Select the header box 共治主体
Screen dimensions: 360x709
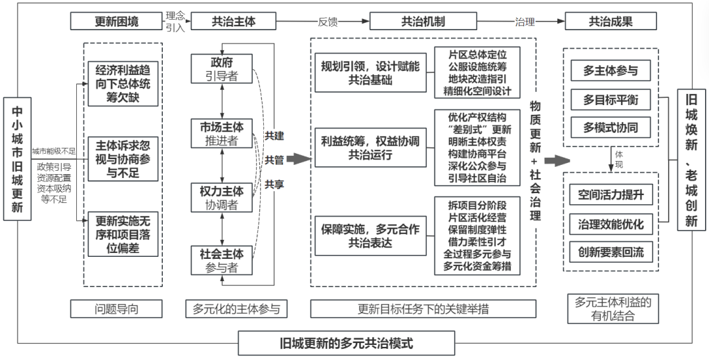233,21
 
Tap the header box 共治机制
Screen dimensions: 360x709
423,21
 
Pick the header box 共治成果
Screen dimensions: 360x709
611,21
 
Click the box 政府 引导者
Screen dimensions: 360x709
221,69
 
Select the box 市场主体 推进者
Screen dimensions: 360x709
221,133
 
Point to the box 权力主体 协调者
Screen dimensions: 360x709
221,197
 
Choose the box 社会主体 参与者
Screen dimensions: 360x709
221,260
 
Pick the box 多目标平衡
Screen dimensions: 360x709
611,100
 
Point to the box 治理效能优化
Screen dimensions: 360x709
611,224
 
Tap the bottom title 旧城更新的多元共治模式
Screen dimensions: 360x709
346,343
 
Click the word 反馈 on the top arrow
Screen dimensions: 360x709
328,21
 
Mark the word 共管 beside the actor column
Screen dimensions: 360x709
274,160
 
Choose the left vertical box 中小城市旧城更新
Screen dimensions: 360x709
18,158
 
